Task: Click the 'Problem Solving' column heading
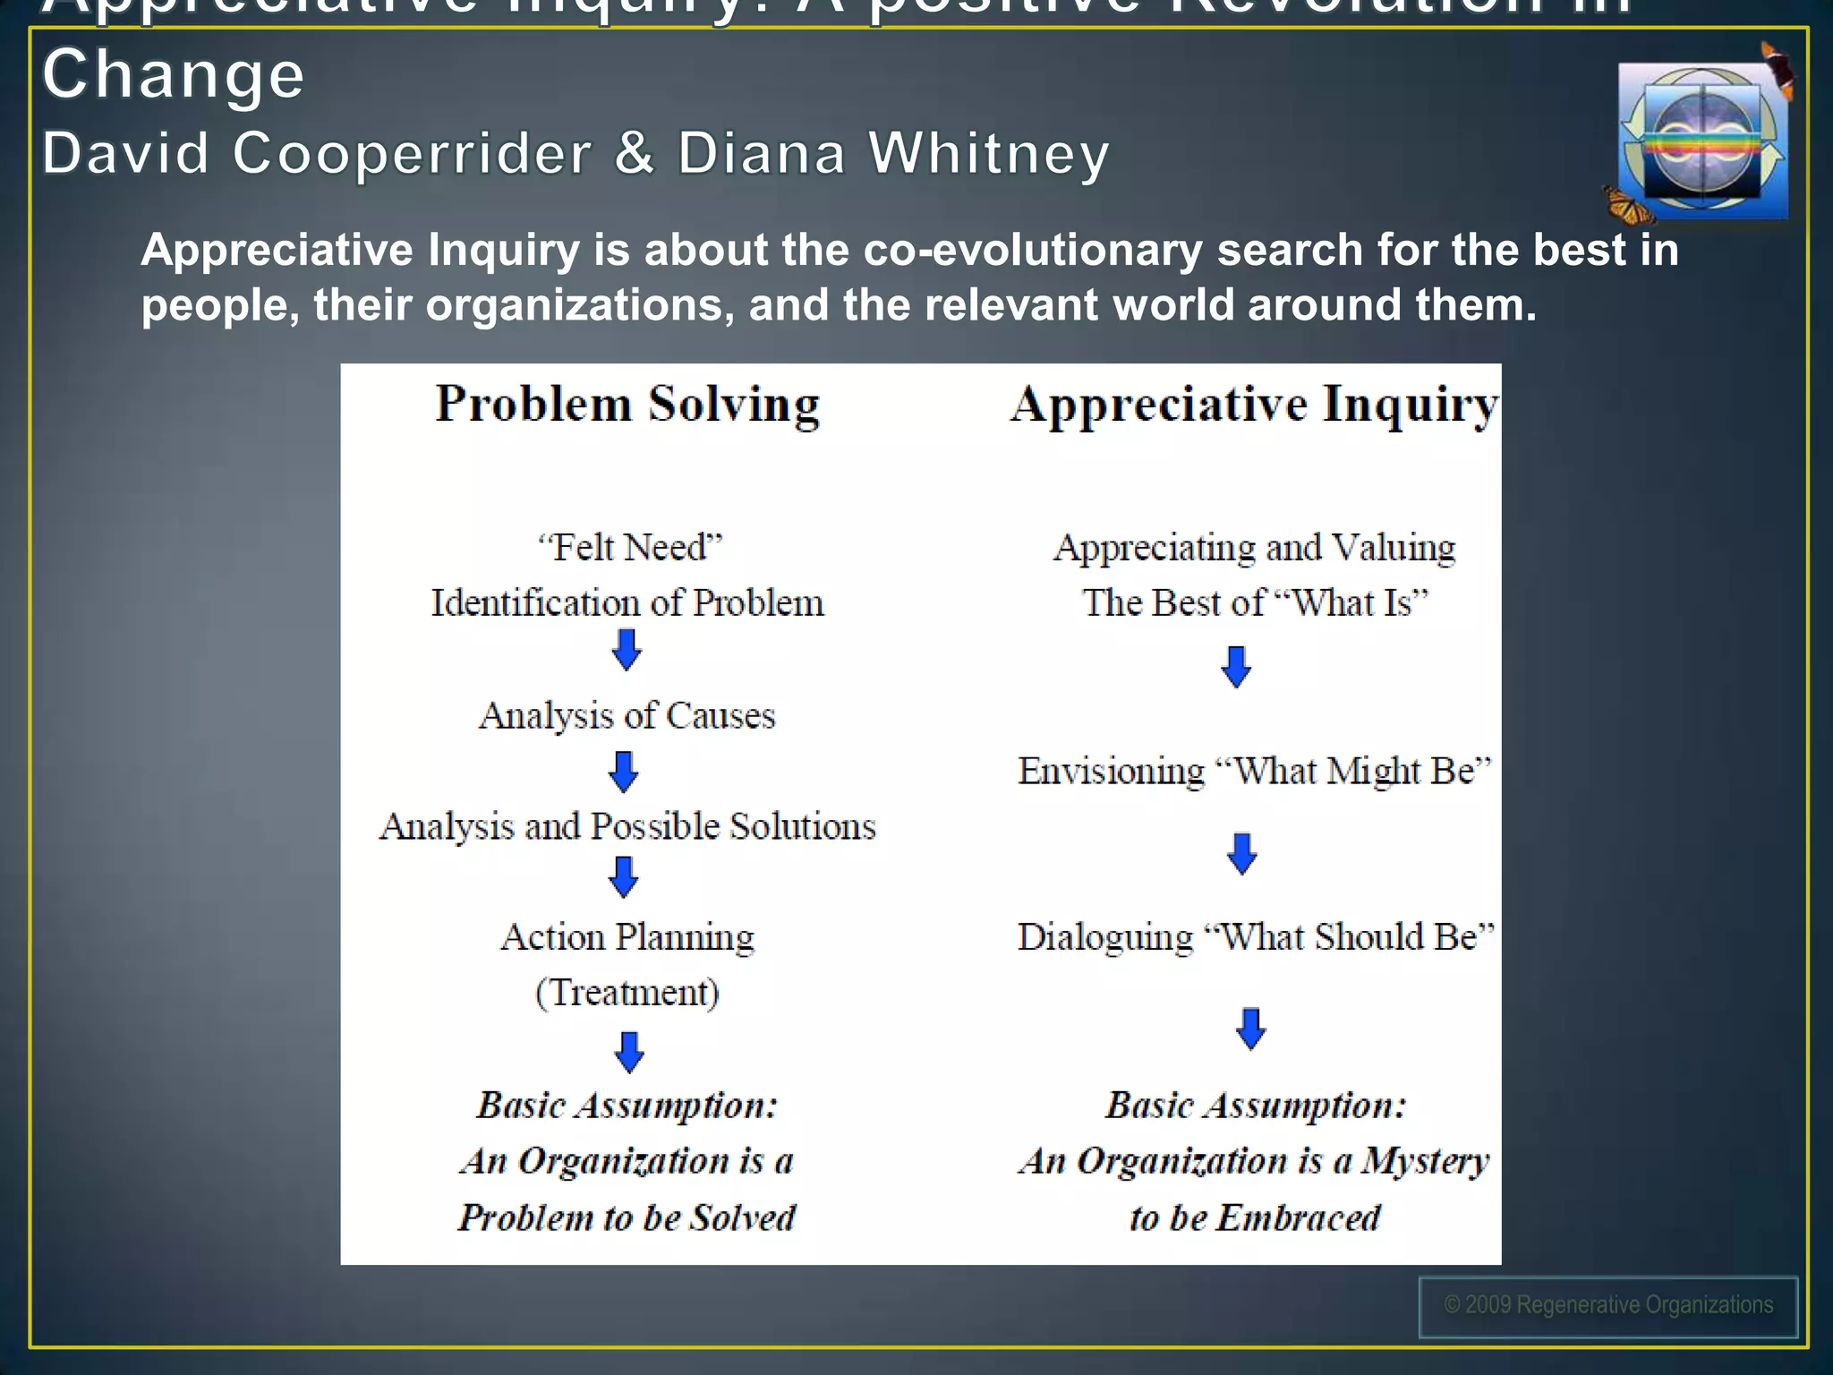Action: pyautogui.click(x=627, y=404)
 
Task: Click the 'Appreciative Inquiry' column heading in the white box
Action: pyautogui.click(x=1255, y=404)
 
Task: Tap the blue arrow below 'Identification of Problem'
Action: pyautogui.click(x=627, y=649)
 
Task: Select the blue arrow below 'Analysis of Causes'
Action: pyautogui.click(x=624, y=771)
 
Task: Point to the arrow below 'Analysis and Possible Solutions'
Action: pyautogui.click(x=624, y=876)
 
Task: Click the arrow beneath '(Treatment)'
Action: pyautogui.click(x=629, y=1052)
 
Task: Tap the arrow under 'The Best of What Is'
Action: pyautogui.click(x=1236, y=667)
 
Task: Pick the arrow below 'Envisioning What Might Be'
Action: pyautogui.click(x=1241, y=853)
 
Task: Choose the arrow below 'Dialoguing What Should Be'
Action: pyautogui.click(x=1250, y=1029)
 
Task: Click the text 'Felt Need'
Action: pyautogui.click(x=629, y=547)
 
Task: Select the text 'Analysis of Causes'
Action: pyautogui.click(x=627, y=715)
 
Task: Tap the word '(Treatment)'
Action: pyautogui.click(x=627, y=992)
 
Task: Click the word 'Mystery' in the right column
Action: pyautogui.click(x=1425, y=1161)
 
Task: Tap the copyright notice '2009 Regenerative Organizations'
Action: pyautogui.click(x=1608, y=1305)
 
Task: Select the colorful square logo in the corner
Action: pyautogui.click(x=1703, y=141)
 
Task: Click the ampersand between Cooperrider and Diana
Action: pyautogui.click(x=634, y=153)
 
